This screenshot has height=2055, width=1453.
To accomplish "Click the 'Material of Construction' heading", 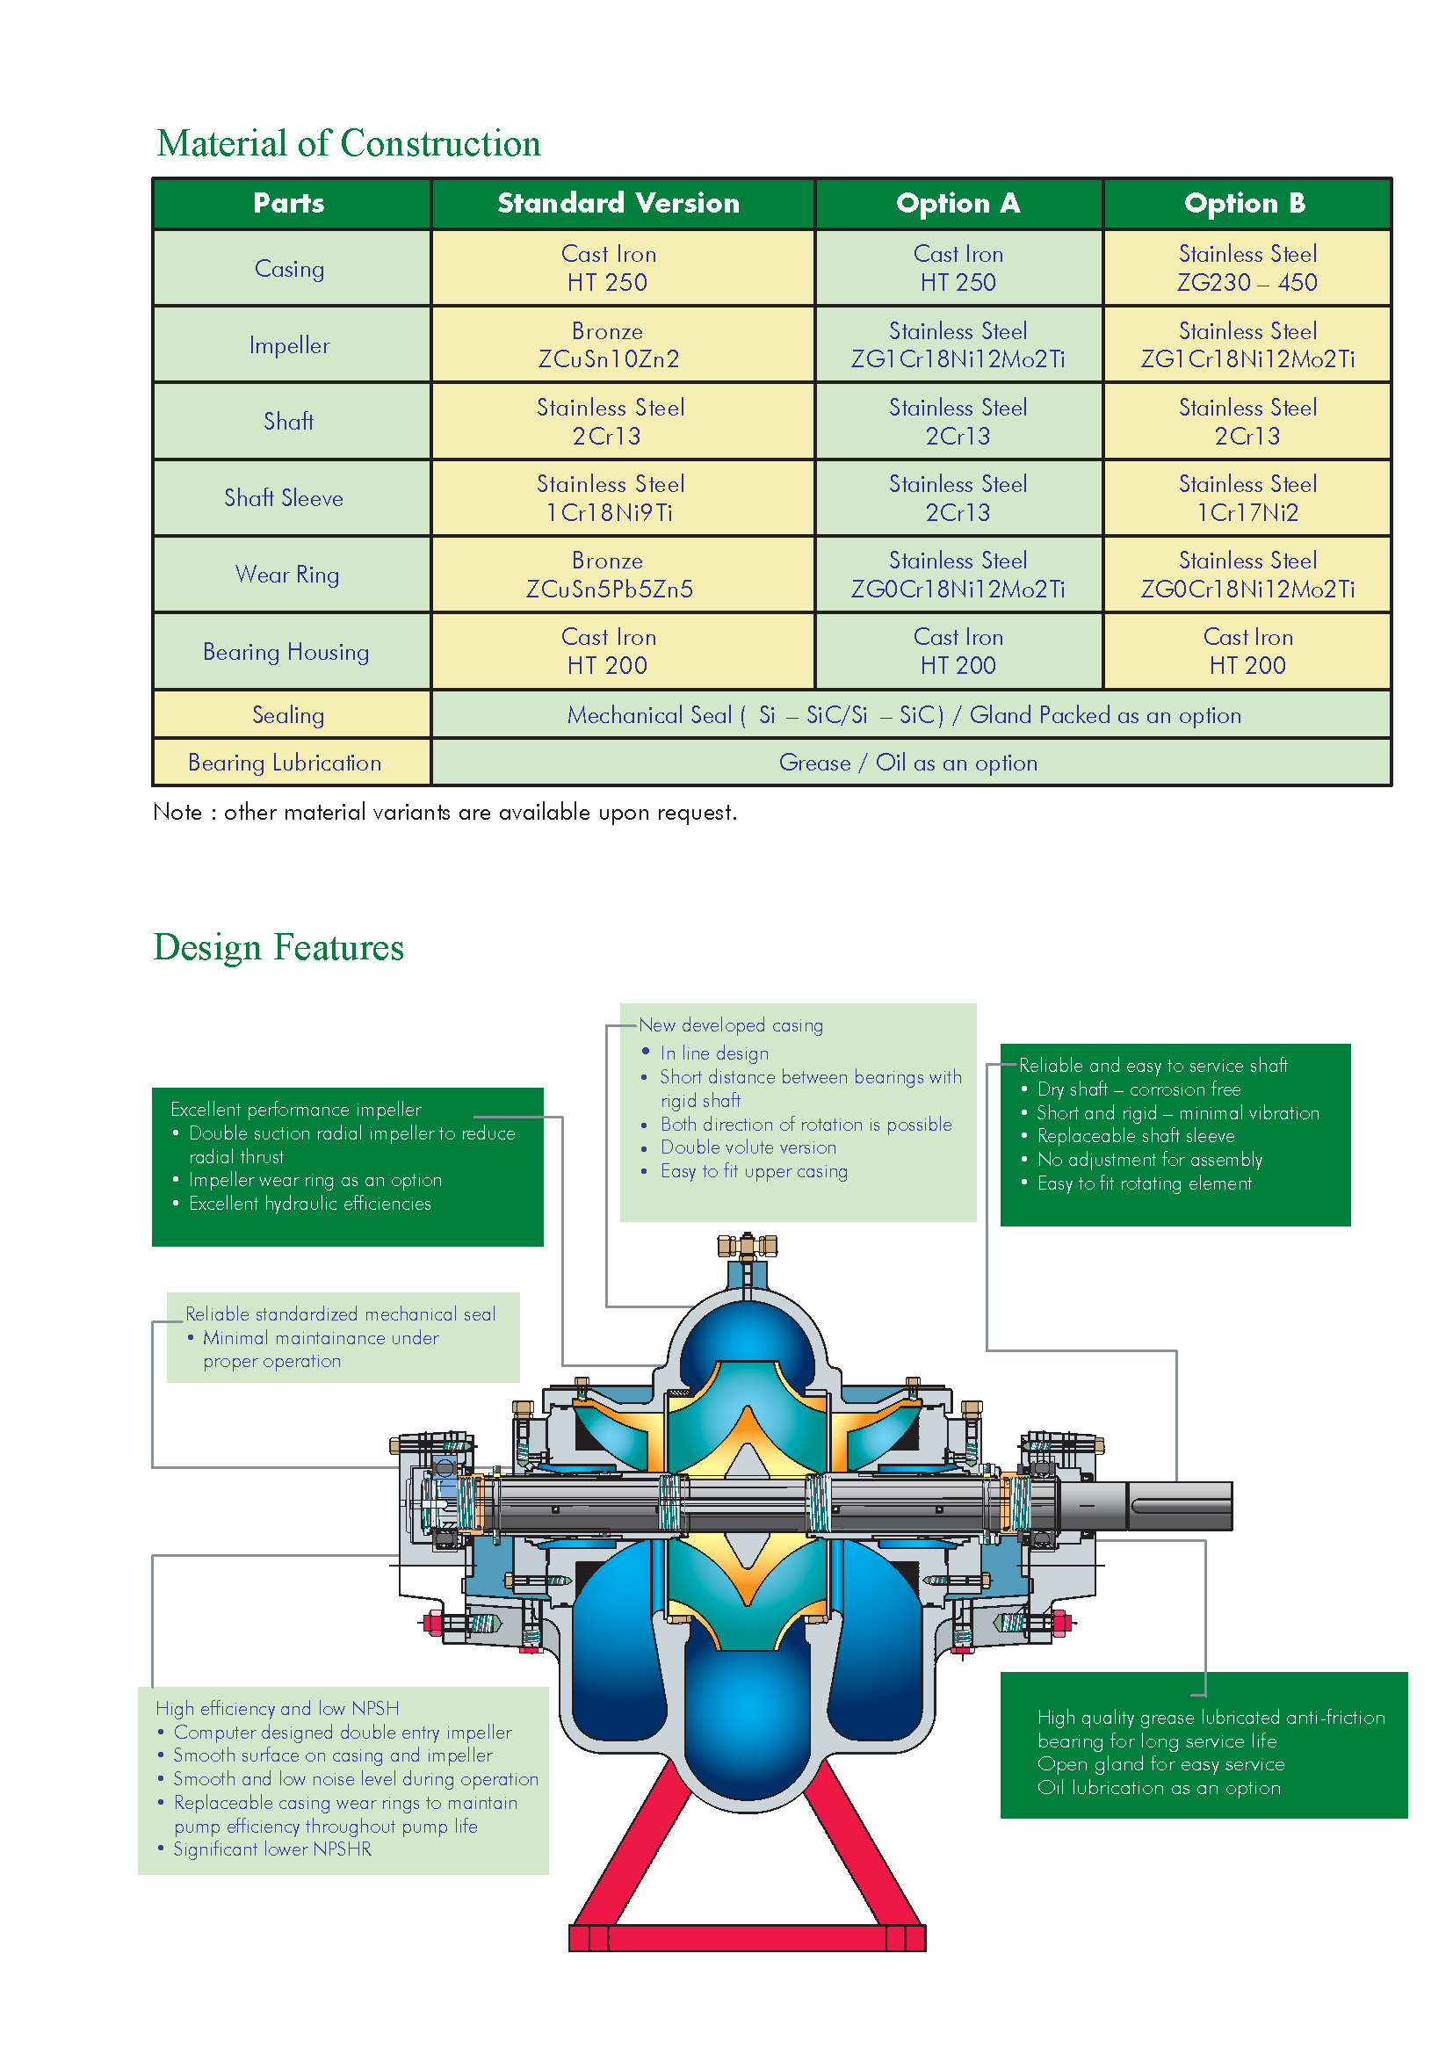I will pyautogui.click(x=348, y=144).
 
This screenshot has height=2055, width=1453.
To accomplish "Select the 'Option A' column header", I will pyautogui.click(x=958, y=203).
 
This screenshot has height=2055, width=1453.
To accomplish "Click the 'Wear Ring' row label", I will pyautogui.click(x=287, y=575).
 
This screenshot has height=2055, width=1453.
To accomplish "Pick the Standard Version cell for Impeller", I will pyautogui.click(x=609, y=344).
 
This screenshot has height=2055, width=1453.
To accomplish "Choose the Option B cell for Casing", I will pyautogui.click(x=1247, y=269).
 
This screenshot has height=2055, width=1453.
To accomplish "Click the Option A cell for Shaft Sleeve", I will pyautogui.click(x=958, y=497).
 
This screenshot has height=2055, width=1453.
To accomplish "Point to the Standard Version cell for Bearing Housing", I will pyautogui.click(x=609, y=651).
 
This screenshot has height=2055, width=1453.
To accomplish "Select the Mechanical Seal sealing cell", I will pyautogui.click(x=904, y=715).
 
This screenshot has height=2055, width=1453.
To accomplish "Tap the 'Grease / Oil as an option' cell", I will pyautogui.click(x=907, y=763).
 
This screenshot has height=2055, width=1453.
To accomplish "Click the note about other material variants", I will pyautogui.click(x=445, y=813).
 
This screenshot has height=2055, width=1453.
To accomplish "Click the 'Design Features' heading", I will pyautogui.click(x=278, y=948).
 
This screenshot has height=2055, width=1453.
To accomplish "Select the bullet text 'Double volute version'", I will pyautogui.click(x=748, y=1147).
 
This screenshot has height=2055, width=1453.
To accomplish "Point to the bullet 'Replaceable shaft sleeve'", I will pyautogui.click(x=1135, y=1136).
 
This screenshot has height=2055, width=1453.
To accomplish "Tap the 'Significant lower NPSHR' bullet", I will pyautogui.click(x=272, y=1849).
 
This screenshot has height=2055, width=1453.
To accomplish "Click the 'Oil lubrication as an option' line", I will pyautogui.click(x=1159, y=1787).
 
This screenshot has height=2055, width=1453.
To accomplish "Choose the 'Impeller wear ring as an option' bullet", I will pyautogui.click(x=315, y=1180).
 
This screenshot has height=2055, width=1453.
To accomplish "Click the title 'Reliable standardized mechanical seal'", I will pyautogui.click(x=340, y=1313).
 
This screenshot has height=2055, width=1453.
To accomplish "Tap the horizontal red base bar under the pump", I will pyautogui.click(x=747, y=1938).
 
